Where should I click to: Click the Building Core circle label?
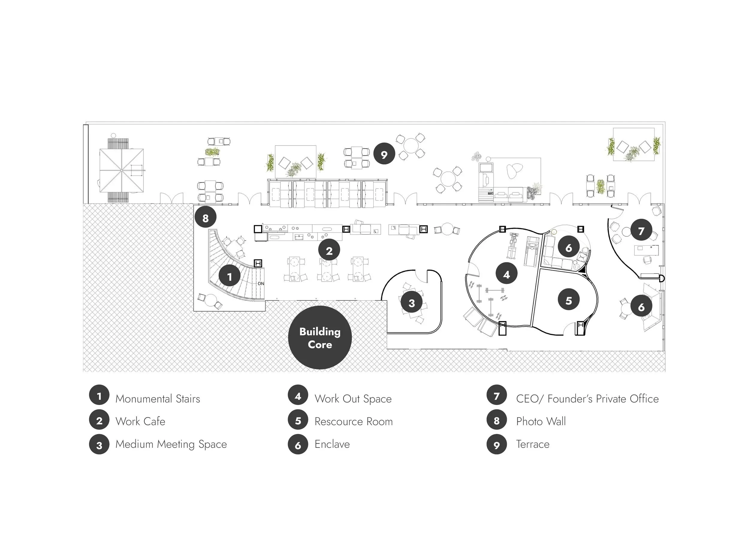point(320,338)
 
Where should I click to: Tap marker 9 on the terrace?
point(384,154)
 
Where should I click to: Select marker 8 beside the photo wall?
point(206,218)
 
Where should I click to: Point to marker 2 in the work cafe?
point(329,250)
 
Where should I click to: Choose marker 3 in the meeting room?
point(411,303)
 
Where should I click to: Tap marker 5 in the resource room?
point(569,300)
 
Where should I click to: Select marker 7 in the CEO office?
point(641,230)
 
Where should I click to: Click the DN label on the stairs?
point(261,284)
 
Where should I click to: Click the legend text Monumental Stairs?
point(158,399)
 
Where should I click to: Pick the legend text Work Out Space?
point(353,399)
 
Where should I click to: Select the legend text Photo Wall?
point(540,421)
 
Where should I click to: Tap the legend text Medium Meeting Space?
point(171,444)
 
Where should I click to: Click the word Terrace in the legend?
point(532,444)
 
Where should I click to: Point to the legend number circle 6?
point(298,445)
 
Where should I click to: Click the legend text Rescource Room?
point(354,421)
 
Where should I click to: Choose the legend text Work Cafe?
point(140,421)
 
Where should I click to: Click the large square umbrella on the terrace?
point(122,170)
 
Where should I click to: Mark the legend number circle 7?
point(496,395)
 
